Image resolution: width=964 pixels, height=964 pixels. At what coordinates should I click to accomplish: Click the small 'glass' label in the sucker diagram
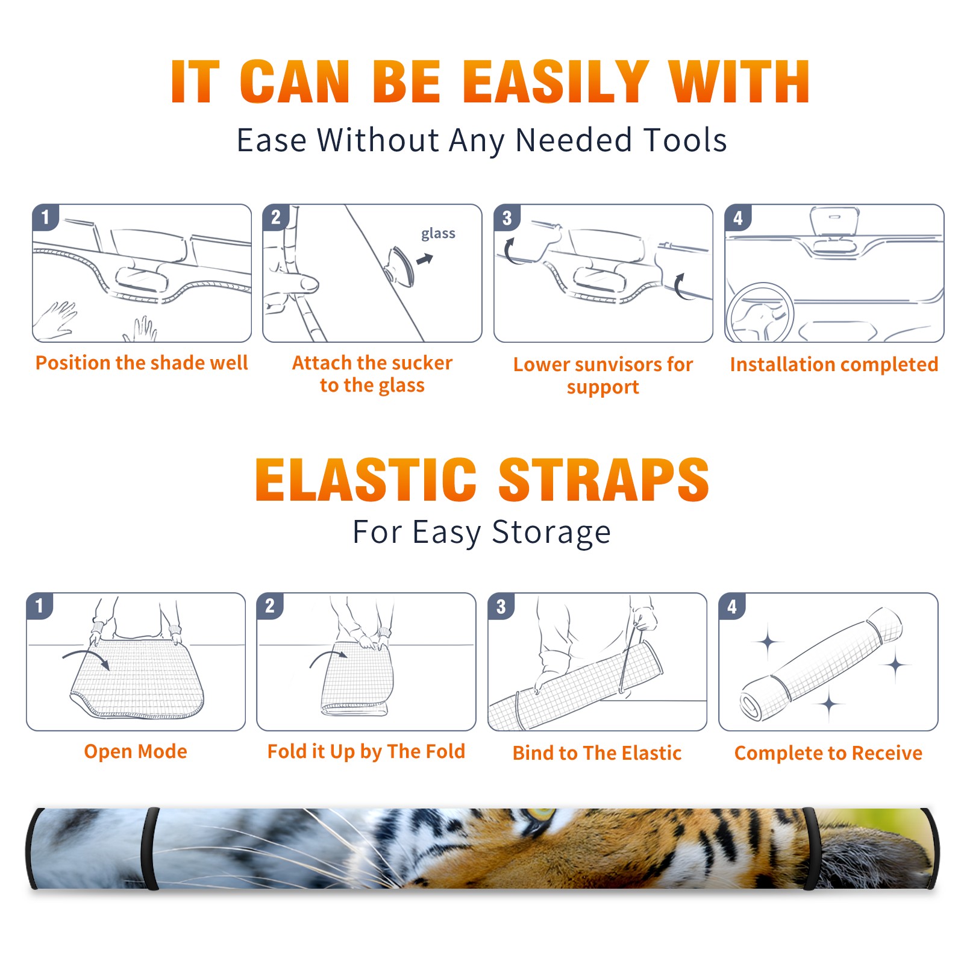point(438,234)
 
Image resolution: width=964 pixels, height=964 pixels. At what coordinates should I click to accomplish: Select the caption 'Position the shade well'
point(142,363)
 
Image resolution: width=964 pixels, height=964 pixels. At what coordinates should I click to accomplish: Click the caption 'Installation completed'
point(834,364)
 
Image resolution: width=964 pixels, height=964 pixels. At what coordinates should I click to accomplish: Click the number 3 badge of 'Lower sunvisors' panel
point(507,218)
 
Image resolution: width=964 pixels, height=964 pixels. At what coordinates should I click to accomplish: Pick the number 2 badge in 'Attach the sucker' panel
point(276,217)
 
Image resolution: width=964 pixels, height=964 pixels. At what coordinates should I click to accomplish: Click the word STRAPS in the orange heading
point(604,480)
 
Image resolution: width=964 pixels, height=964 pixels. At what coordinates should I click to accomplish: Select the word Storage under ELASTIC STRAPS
point(551,533)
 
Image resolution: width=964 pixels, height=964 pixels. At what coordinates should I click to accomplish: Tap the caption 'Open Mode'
point(136,751)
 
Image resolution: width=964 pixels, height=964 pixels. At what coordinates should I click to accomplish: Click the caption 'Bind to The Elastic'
point(596,753)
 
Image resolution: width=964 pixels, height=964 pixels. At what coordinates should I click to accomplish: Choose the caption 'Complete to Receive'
point(828,753)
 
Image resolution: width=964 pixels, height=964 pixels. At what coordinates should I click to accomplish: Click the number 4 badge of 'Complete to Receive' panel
point(732,606)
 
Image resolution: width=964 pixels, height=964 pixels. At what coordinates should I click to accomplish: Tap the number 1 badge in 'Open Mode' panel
point(40,606)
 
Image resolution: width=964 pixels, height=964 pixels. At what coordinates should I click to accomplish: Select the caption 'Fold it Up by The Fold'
point(366,751)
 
